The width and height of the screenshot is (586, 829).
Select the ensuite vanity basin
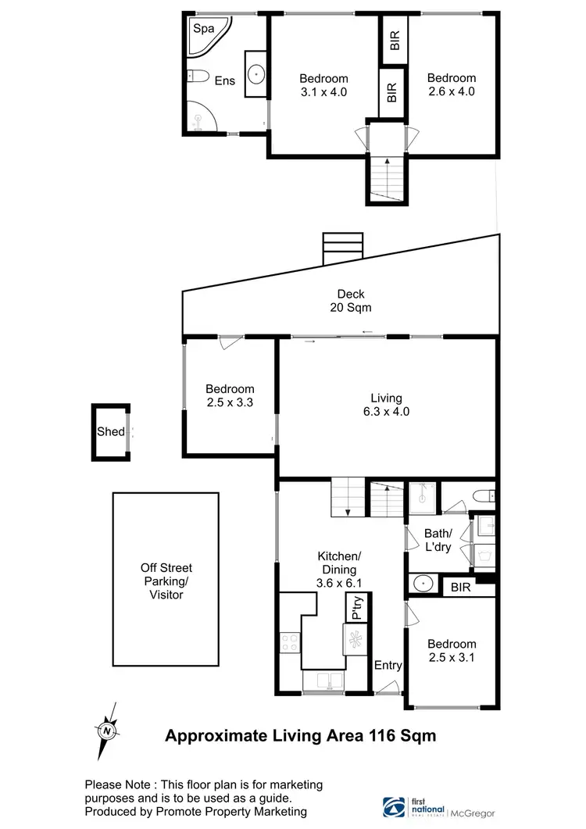click(255, 74)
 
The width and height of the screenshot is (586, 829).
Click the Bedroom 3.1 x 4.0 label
click(323, 85)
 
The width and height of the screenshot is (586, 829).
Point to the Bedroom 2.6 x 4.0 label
click(451, 84)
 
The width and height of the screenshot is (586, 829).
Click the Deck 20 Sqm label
click(351, 301)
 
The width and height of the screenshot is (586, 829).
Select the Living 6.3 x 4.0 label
click(387, 405)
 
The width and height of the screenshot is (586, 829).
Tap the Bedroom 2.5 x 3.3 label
click(230, 395)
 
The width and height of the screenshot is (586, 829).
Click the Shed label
click(110, 431)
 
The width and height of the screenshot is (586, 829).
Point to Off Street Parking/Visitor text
click(166, 581)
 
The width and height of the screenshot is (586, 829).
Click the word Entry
click(388, 666)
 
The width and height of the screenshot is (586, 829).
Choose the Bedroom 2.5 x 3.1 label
click(452, 650)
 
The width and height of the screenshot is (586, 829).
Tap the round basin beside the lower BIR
click(423, 584)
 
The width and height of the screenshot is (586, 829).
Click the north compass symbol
click(106, 731)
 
